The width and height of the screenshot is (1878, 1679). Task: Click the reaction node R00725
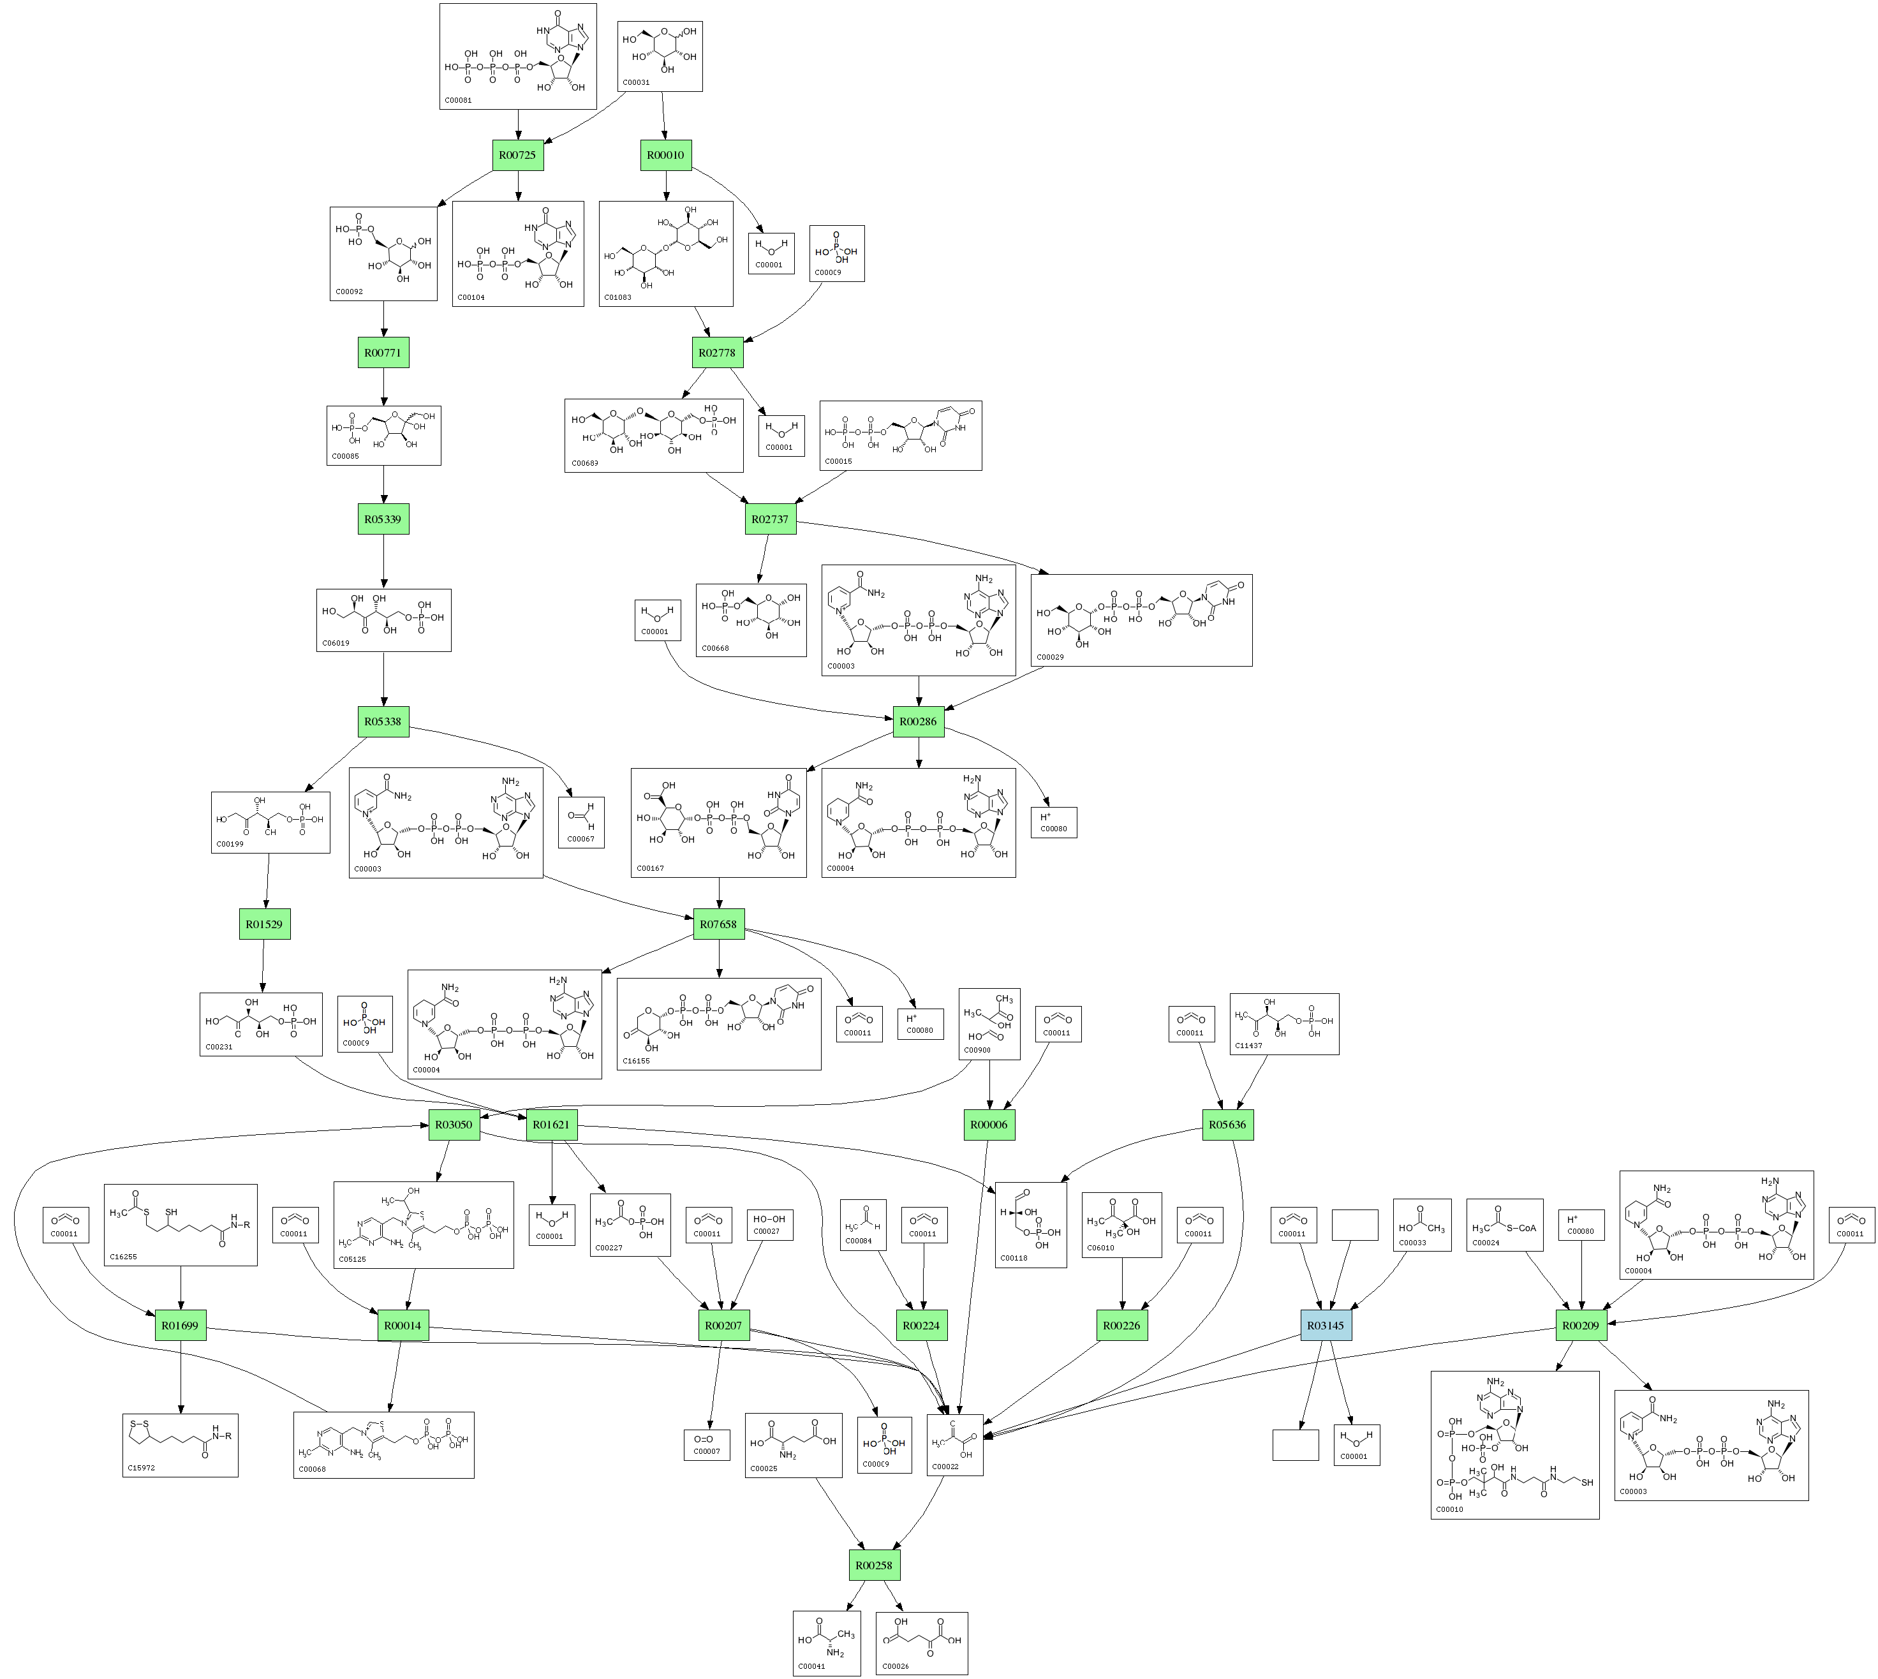point(517,155)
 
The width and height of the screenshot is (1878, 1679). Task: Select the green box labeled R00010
point(665,155)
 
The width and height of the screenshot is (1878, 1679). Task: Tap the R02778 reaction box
point(717,352)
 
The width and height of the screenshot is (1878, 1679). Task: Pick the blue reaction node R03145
point(1326,1326)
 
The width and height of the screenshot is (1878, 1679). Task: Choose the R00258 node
point(873,1565)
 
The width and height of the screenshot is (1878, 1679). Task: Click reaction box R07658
point(718,924)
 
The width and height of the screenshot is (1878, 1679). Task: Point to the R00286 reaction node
point(918,721)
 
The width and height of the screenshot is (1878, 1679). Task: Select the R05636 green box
point(1228,1125)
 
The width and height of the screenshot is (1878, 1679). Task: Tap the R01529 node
point(265,924)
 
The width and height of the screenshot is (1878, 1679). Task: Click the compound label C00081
point(459,100)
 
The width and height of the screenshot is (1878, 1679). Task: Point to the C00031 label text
point(637,82)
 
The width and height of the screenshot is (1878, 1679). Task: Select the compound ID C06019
point(336,643)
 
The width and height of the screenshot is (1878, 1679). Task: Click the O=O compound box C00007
point(707,1444)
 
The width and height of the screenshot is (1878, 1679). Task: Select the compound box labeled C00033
point(1421,1224)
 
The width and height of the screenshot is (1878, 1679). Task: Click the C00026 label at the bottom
point(896,1666)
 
